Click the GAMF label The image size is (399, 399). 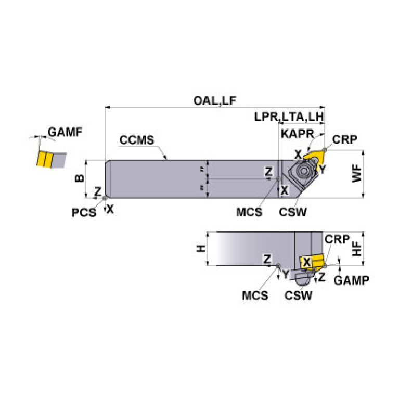coord(65,132)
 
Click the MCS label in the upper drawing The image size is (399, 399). coord(249,212)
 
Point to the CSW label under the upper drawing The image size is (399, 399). coord(293,212)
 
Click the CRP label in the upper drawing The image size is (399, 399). coord(344,139)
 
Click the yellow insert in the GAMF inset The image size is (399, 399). coord(44,159)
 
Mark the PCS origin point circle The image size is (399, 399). coord(106,198)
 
